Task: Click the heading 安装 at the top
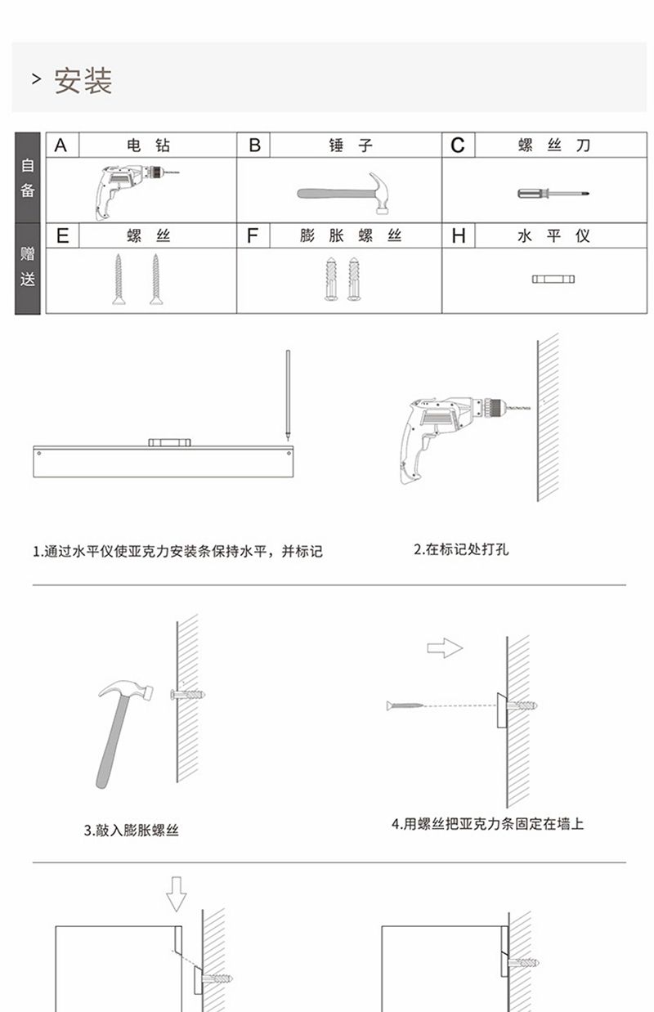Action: [83, 81]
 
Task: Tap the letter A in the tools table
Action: [60, 146]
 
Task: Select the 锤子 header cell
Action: [351, 146]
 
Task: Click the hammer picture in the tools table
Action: [343, 193]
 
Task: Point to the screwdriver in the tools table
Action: [553, 194]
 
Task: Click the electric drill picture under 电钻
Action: [136, 191]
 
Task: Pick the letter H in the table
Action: [459, 235]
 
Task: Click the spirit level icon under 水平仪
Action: [553, 279]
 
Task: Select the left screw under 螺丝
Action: [119, 279]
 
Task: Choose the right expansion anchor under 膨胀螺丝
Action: [354, 279]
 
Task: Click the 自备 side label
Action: [28, 177]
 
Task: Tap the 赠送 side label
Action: [28, 267]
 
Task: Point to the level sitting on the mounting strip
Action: [169, 442]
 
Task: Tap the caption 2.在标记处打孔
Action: [461, 549]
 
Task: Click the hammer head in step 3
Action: [126, 691]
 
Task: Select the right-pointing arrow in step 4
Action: [445, 648]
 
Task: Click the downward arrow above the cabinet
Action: [177, 894]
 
